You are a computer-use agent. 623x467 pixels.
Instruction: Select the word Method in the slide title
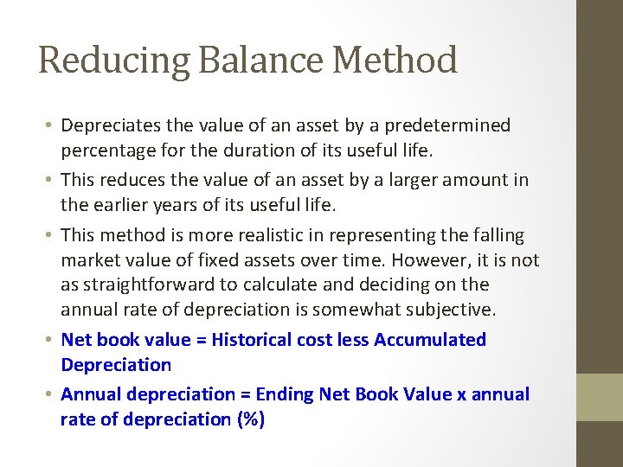(395, 61)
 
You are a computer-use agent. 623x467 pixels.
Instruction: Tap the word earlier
(122, 205)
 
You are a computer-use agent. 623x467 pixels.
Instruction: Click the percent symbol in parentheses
(253, 419)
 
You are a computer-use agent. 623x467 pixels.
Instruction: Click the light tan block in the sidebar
(600, 397)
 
